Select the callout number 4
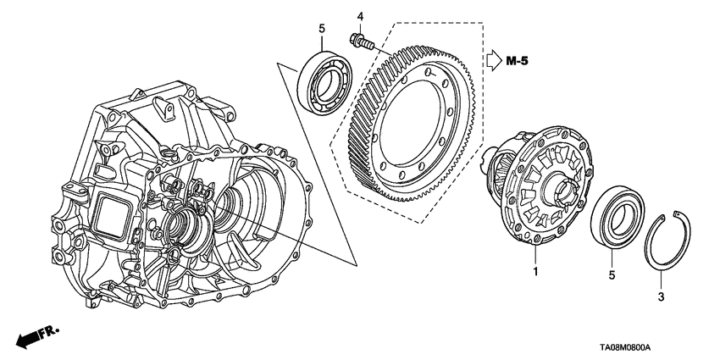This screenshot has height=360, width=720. point(359,16)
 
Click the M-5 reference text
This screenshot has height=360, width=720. point(522,62)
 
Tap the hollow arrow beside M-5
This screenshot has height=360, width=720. point(495,62)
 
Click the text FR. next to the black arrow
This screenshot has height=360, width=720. point(53,327)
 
